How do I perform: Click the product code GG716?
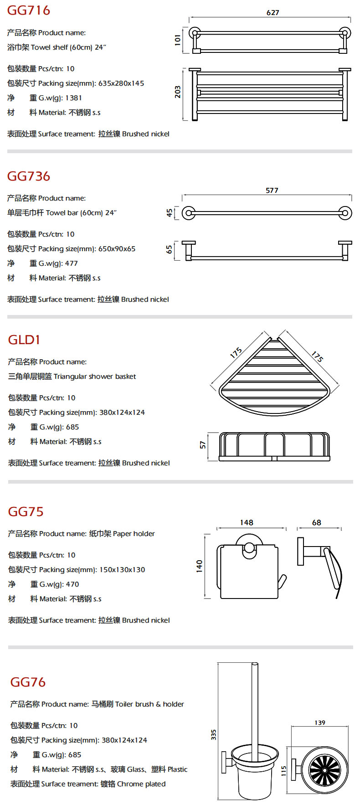tap(28, 10)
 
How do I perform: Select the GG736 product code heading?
tap(28, 176)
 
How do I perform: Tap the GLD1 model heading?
tap(24, 340)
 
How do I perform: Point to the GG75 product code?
tap(26, 511)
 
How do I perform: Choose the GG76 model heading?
tap(28, 682)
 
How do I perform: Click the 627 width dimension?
tap(273, 13)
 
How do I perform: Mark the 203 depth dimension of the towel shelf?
tap(178, 92)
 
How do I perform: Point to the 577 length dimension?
tap(272, 191)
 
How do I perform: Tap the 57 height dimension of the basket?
tap(203, 444)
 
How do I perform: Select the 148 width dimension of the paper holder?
tap(247, 523)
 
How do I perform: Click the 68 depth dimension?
tap(316, 523)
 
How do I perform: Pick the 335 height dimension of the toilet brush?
tap(213, 734)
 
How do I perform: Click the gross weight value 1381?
tap(73, 98)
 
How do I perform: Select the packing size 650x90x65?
tap(117, 249)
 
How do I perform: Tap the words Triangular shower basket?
tap(95, 377)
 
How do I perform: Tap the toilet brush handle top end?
tap(255, 665)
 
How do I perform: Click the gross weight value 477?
tap(72, 263)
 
